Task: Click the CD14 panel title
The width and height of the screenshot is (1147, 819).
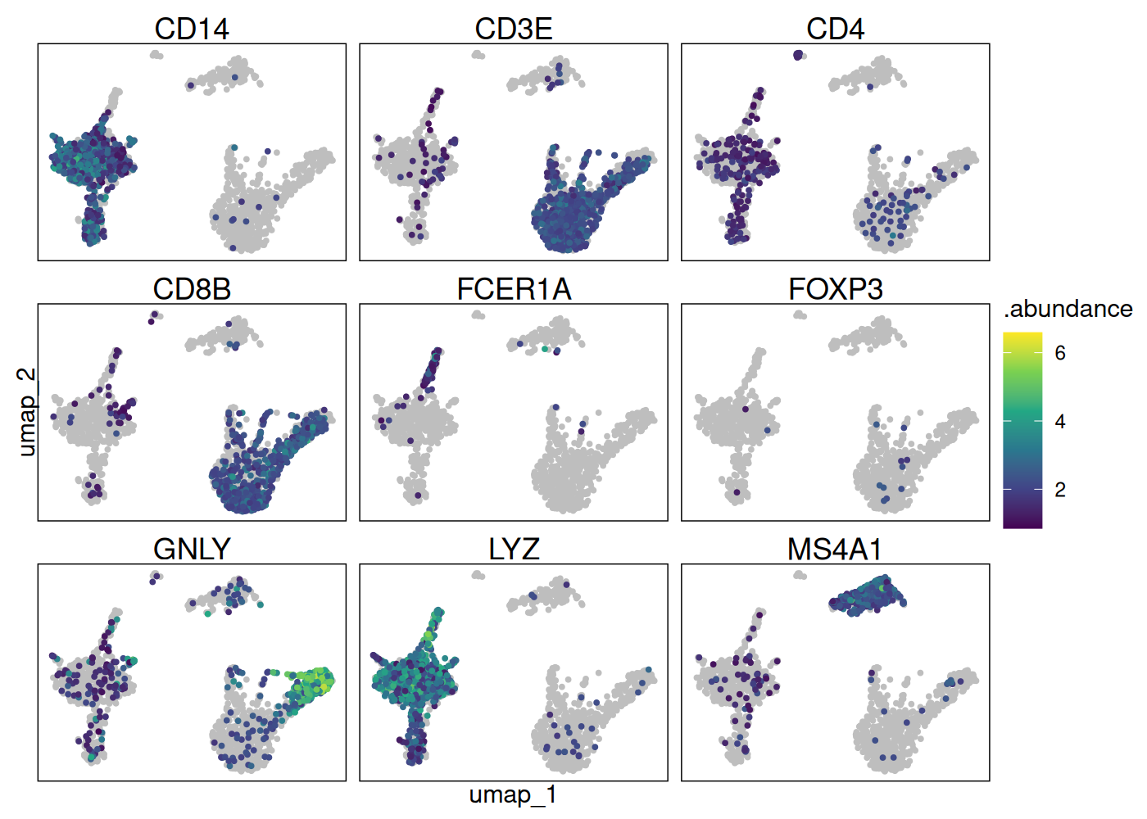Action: pos(192,29)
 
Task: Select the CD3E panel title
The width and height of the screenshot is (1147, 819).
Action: pos(514,29)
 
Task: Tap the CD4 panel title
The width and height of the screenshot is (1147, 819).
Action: pos(835,29)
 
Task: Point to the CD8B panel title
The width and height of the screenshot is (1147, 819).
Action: pos(192,290)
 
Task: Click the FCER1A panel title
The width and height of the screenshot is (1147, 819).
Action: pos(514,290)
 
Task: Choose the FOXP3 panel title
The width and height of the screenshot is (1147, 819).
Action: pos(835,290)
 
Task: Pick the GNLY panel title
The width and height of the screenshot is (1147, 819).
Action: pos(192,550)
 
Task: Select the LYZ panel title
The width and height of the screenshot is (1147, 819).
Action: pos(514,550)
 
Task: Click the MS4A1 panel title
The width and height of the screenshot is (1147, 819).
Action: pos(835,550)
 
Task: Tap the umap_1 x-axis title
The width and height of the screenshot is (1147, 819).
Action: pos(513,795)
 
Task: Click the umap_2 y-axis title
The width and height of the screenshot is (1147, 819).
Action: pos(27,411)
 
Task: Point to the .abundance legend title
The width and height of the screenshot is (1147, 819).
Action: pos(1068,310)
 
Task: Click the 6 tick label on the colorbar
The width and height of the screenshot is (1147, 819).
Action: pos(1060,354)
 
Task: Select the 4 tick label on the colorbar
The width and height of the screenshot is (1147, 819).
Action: pos(1060,422)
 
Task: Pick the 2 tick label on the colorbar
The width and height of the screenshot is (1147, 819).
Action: pos(1060,490)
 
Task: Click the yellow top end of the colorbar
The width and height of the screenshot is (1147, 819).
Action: pos(1022,336)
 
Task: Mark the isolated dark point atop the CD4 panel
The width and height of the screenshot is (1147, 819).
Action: pos(799,55)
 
